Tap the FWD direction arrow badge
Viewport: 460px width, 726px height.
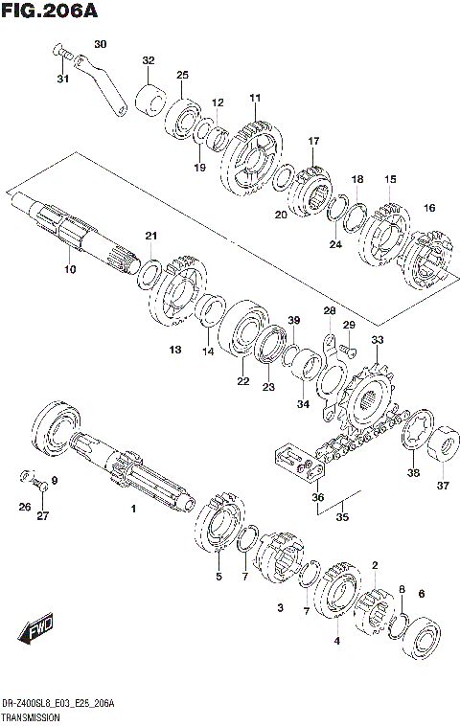point(35,629)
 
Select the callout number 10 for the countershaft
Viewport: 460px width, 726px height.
point(69,270)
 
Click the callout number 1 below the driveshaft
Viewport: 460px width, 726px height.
point(133,510)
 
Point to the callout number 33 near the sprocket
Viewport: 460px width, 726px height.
point(378,340)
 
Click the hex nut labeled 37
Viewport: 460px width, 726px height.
point(443,446)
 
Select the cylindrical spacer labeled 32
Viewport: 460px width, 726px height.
point(149,98)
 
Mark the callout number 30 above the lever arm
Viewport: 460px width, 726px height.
point(101,44)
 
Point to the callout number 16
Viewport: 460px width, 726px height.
point(429,208)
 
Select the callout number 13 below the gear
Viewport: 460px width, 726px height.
point(175,351)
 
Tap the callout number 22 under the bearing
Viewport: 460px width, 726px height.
point(243,381)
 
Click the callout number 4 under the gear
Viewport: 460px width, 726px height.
point(336,640)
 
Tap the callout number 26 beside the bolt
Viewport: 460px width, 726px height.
point(25,507)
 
